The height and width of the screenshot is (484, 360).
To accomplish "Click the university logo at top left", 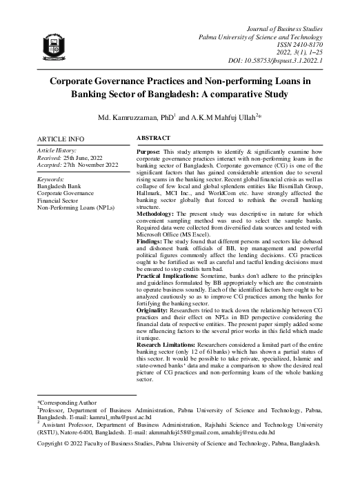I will [x=54, y=45].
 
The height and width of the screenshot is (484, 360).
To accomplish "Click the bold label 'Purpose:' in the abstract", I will [x=150, y=151].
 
